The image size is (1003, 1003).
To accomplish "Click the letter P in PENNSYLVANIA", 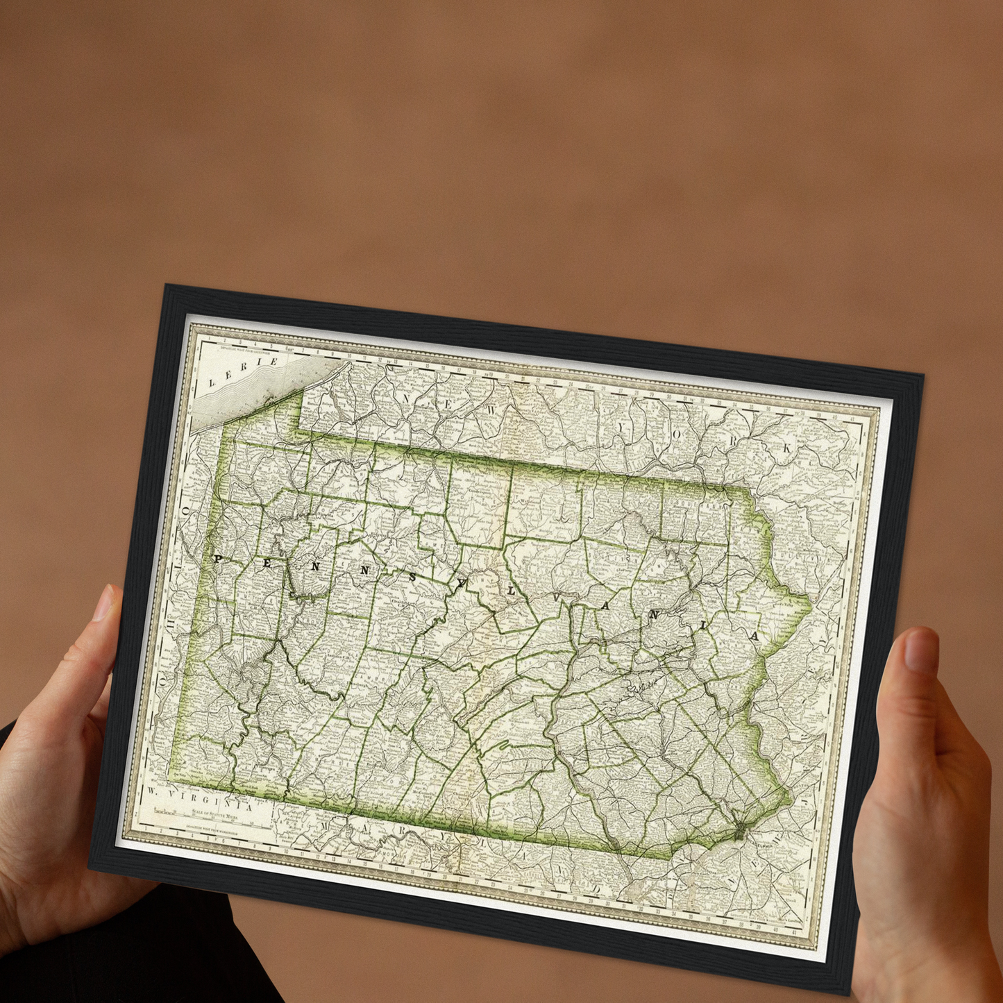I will (x=217, y=559).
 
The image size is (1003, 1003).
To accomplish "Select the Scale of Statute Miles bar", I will (x=208, y=814).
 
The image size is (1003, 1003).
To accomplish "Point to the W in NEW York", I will (x=492, y=410).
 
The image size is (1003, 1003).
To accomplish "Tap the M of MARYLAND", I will (x=325, y=827).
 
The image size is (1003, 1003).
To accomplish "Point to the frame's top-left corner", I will (x=165, y=287).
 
